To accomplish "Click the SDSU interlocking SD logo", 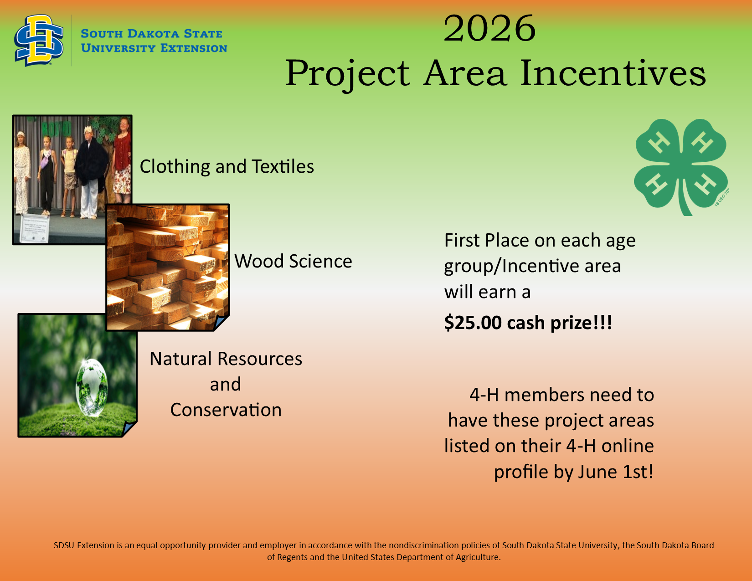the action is (39, 40).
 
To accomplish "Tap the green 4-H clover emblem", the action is (681, 167).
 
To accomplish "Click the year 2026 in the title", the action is (489, 28).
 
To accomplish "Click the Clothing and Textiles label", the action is (227, 166).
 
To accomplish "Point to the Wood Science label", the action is (293, 261).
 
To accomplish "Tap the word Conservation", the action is (226, 410).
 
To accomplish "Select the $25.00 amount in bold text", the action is (473, 323).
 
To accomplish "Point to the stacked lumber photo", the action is (168, 267).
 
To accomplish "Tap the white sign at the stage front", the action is (35, 228).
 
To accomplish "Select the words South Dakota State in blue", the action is (152, 34).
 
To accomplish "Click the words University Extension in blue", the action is (154, 48).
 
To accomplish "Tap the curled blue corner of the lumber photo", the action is (221, 323).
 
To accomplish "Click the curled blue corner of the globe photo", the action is (129, 428).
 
